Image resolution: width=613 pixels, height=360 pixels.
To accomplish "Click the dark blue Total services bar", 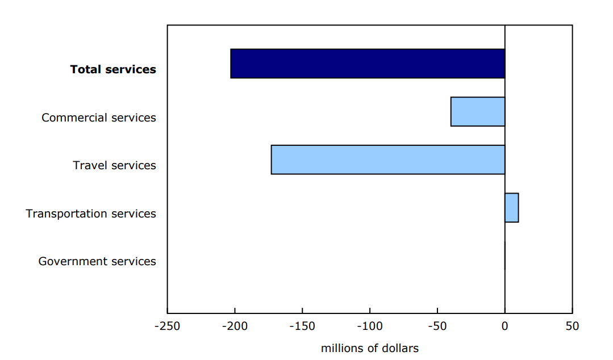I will click(368, 64).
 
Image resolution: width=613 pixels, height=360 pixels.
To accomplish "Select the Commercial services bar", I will click(478, 112).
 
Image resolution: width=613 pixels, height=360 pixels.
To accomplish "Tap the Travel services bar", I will click(388, 160).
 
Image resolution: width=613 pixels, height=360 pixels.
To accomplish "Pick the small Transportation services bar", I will click(511, 208).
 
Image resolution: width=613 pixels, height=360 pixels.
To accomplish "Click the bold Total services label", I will click(113, 69).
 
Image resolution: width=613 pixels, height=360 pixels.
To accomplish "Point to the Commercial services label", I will click(99, 118).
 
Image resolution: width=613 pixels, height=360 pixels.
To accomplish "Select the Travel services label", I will click(114, 165).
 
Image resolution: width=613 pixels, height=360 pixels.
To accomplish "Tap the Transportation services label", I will click(91, 214).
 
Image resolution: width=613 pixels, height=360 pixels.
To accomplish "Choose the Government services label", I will click(97, 261).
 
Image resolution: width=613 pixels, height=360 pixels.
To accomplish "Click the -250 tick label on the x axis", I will click(167, 326).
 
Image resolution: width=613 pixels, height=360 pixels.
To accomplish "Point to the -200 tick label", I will click(235, 326).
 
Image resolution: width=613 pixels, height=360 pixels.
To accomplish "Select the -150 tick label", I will click(302, 326).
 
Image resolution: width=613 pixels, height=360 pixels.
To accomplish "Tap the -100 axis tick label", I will click(369, 326).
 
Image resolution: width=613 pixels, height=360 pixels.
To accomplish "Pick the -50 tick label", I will click(437, 326).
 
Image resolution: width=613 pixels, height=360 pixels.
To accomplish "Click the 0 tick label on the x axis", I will click(504, 326).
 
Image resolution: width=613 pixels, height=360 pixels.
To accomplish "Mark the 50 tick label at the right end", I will click(572, 326).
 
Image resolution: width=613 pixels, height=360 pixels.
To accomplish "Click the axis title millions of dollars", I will click(369, 348).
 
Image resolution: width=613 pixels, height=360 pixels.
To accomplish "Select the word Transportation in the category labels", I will click(64, 214).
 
